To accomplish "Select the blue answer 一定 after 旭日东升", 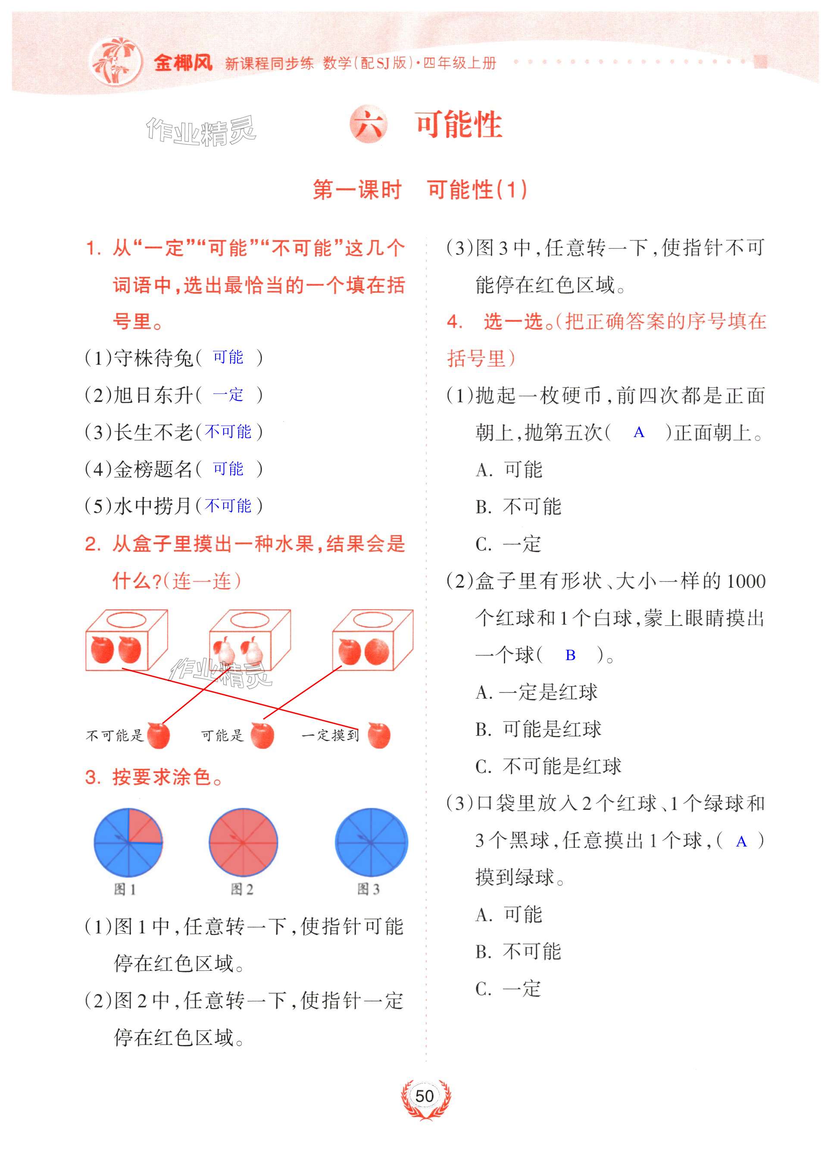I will click(228, 395).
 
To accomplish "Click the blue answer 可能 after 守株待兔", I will click(228, 357).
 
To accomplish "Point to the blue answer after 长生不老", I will click(228, 431).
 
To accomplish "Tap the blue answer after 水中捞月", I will click(228, 506).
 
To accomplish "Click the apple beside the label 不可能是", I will click(158, 736).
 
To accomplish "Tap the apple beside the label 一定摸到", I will click(378, 736).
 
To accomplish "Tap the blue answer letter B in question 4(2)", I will click(570, 655).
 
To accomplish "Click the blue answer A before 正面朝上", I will click(639, 432).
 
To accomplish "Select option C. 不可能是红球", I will click(548, 766).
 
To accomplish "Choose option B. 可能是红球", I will click(539, 729).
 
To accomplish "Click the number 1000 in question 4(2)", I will click(746, 581).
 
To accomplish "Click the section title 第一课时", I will click(357, 190).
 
